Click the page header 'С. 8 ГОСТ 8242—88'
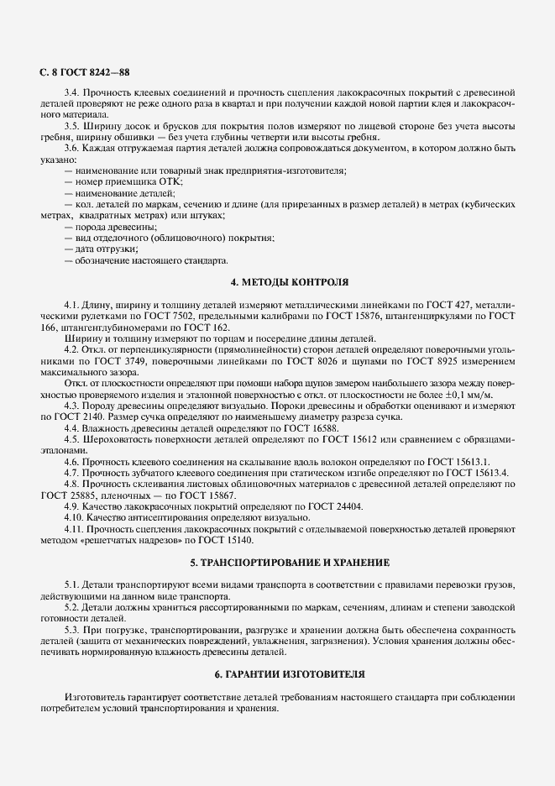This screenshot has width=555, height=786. coord(84,73)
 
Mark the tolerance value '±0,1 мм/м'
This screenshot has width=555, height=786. coord(492,394)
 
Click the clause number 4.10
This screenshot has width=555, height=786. coord(75,517)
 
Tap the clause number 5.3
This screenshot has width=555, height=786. coord(72,629)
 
